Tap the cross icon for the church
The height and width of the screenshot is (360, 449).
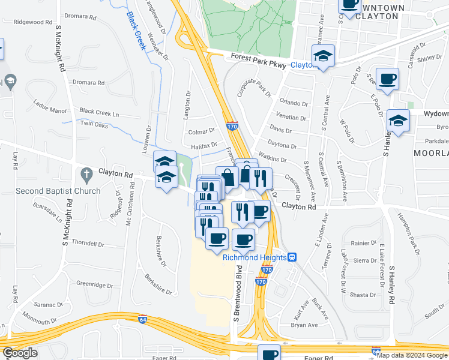pos(85,175)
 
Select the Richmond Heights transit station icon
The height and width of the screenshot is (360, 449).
pos(292,257)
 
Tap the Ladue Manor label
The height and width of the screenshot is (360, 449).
pos(50,110)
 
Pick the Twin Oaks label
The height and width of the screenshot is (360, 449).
pos(94,125)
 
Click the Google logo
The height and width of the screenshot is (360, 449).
pos(20,353)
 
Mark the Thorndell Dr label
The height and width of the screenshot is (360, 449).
pos(88,244)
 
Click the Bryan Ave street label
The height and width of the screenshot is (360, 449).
pos(304,325)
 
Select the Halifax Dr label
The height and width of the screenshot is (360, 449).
pos(203,146)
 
